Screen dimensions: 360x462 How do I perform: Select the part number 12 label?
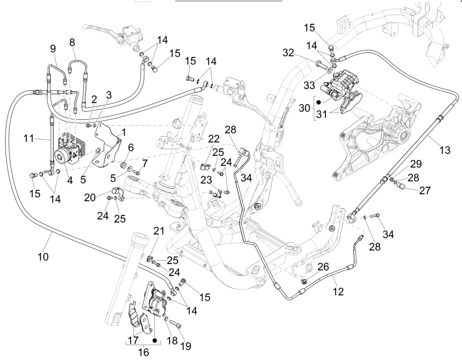338,292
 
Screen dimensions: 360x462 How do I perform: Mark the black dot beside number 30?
319,102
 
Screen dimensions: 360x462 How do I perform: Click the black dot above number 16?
155,337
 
